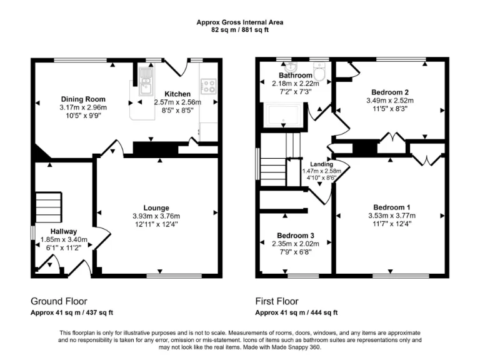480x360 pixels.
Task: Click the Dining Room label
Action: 82,99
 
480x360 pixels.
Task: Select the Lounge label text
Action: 156,208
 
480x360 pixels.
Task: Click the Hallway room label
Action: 63,231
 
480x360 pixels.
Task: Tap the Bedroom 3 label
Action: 294,236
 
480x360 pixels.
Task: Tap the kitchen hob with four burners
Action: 208,86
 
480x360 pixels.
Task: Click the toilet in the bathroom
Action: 319,74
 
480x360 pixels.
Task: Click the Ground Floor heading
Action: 59,301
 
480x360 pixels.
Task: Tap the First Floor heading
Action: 277,301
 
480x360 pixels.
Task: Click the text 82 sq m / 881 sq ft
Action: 239,29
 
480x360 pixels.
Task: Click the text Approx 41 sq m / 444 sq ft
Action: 296,312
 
